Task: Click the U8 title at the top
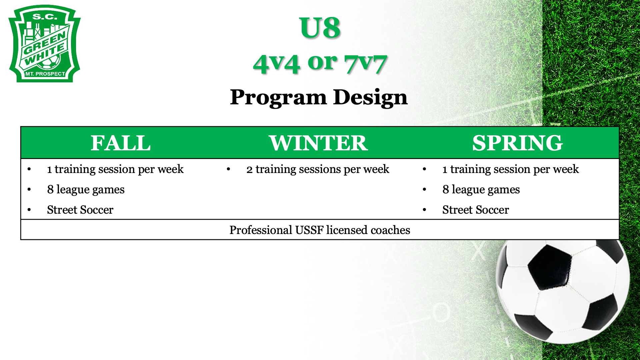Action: [320, 28]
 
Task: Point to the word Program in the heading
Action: [278, 98]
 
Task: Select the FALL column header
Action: [121, 143]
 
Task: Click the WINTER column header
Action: [318, 143]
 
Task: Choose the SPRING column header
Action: [517, 143]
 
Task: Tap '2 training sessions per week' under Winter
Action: [318, 169]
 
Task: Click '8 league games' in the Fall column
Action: [86, 190]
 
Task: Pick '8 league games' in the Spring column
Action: [481, 190]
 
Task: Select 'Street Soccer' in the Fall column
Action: [80, 210]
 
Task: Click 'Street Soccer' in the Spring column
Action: [475, 210]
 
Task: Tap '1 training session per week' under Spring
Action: [510, 169]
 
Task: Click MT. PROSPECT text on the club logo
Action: [45, 74]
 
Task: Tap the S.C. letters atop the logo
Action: [45, 17]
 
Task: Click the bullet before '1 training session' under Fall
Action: [29, 169]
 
